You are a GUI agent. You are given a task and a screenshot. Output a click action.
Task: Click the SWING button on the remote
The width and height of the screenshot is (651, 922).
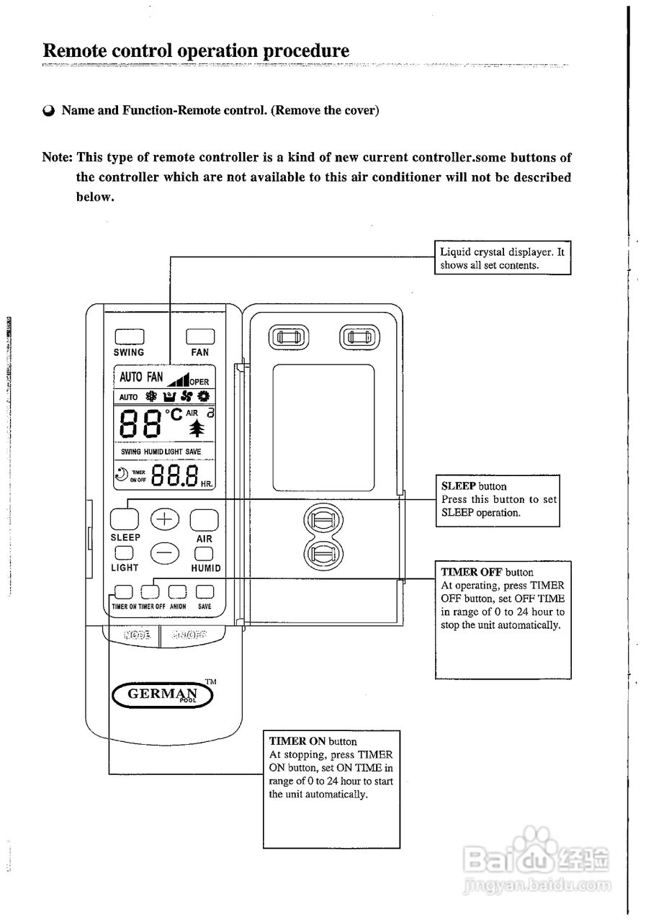pyautogui.click(x=129, y=336)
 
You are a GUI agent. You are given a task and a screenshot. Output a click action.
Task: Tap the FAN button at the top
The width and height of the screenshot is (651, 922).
pyautogui.click(x=200, y=336)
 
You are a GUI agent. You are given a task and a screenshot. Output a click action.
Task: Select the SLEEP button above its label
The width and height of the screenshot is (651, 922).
pyautogui.click(x=124, y=519)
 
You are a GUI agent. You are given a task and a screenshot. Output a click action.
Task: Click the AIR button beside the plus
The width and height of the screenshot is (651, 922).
pyautogui.click(x=204, y=519)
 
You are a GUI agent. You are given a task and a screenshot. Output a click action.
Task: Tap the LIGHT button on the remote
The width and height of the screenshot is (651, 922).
pyautogui.click(x=124, y=553)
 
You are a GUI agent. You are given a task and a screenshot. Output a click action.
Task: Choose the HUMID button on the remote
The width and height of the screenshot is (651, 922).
pyautogui.click(x=205, y=553)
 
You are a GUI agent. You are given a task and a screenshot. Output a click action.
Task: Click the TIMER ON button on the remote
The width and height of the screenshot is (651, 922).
pyautogui.click(x=124, y=592)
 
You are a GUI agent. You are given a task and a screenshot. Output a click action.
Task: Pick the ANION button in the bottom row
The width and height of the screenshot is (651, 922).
pyautogui.click(x=178, y=592)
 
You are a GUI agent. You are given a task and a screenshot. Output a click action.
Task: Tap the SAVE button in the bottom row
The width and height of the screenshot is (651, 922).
pyautogui.click(x=205, y=592)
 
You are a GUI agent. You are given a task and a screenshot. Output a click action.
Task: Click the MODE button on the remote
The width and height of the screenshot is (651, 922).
pyautogui.click(x=137, y=635)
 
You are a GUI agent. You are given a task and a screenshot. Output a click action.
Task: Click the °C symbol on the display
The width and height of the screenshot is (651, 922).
pyautogui.click(x=174, y=415)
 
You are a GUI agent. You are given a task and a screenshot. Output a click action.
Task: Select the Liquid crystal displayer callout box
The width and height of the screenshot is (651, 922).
pyautogui.click(x=503, y=258)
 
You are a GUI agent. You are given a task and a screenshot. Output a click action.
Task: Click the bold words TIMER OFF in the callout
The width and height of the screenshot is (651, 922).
pyautogui.click(x=472, y=573)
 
